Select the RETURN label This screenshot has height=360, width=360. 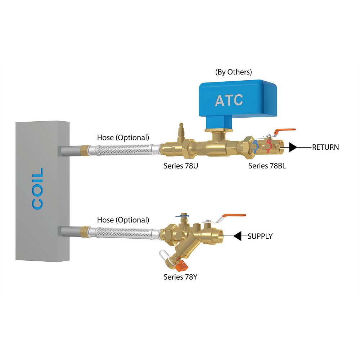325,147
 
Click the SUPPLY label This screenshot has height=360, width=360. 260,237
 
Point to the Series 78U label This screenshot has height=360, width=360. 180,166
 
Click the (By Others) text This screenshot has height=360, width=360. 233,72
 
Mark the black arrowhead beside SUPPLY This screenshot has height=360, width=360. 238,236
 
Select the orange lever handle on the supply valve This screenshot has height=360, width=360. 234,216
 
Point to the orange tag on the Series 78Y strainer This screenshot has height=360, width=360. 182,266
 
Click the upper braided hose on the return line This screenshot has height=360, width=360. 122,149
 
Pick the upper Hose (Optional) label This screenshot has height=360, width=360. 123,138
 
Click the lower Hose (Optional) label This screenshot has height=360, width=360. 123,220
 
